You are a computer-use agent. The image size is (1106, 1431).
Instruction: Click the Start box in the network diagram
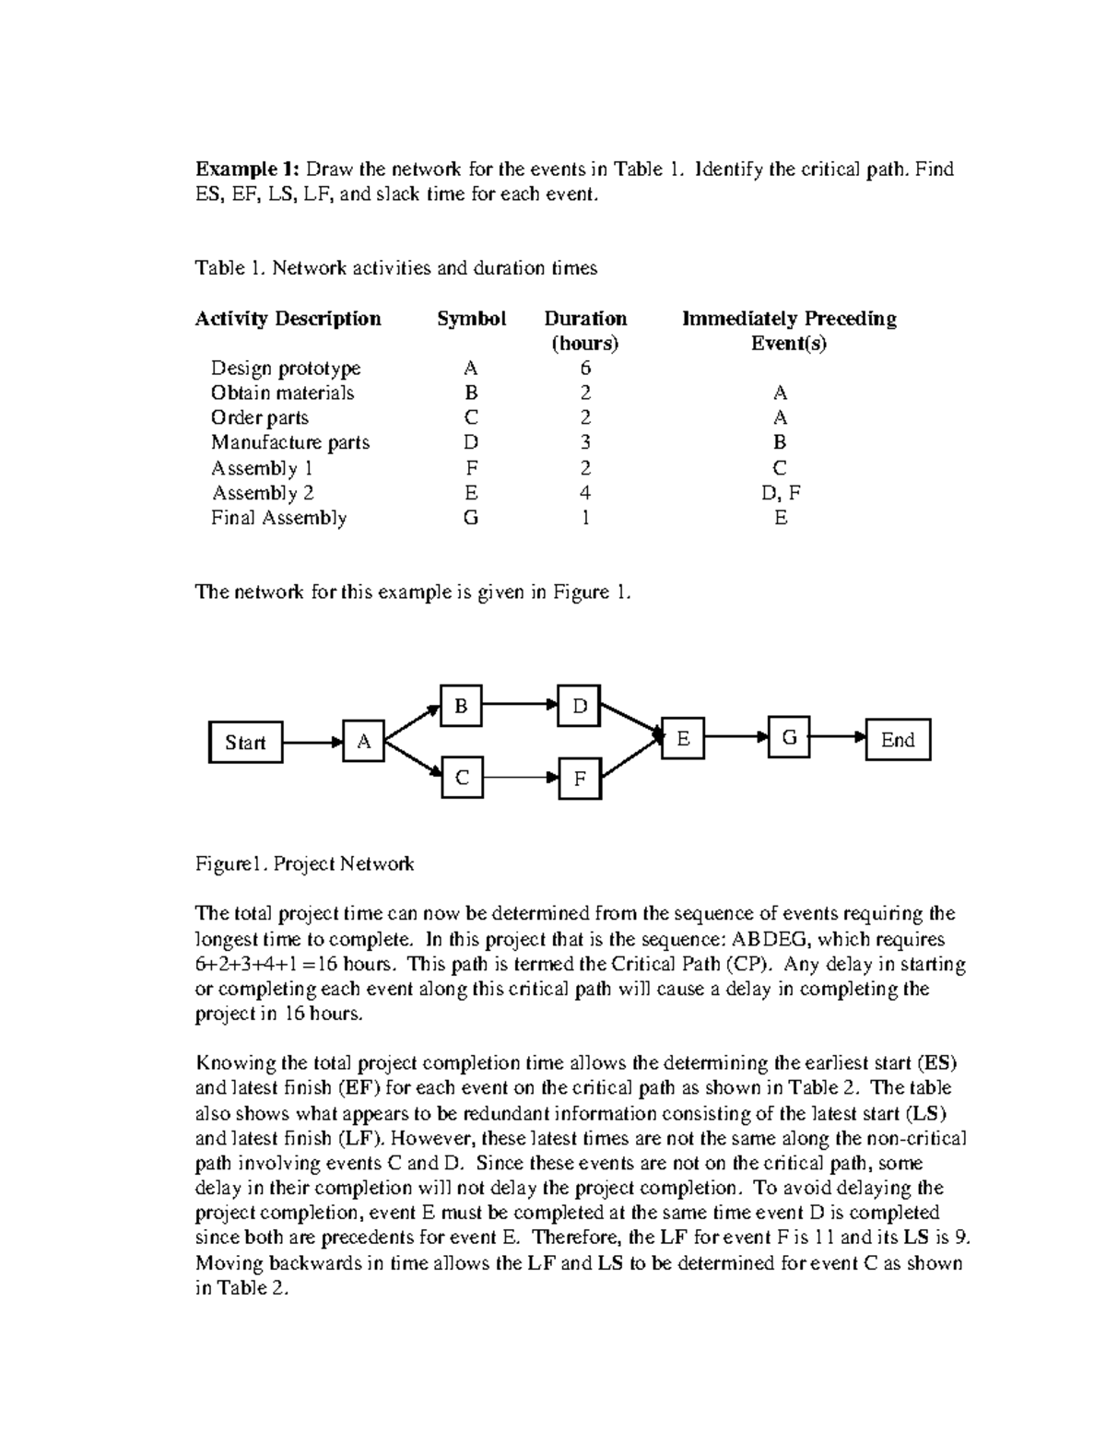click(245, 743)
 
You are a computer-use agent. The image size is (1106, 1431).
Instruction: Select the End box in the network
click(898, 740)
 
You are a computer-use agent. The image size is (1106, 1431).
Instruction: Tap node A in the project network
click(364, 742)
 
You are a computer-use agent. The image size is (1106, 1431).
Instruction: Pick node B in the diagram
click(461, 707)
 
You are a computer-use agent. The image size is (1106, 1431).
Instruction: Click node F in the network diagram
click(580, 779)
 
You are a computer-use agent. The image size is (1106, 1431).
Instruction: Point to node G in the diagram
click(789, 738)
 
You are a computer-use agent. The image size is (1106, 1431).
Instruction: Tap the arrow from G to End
click(838, 738)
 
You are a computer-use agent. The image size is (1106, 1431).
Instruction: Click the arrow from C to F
click(520, 778)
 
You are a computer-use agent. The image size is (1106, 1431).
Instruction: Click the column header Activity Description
click(288, 319)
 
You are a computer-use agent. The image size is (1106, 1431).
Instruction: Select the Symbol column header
click(471, 319)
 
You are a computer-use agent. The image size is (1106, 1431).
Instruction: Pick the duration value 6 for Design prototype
click(585, 369)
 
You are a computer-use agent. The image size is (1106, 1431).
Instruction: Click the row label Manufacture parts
click(289, 442)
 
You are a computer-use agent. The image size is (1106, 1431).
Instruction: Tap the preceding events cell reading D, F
click(781, 493)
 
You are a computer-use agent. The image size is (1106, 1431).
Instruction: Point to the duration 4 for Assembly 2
click(585, 493)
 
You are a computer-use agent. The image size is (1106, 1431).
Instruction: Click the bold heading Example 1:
click(246, 170)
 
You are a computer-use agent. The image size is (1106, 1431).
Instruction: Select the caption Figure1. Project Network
click(304, 864)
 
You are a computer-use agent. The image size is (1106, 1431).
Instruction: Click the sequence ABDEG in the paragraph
click(769, 940)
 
